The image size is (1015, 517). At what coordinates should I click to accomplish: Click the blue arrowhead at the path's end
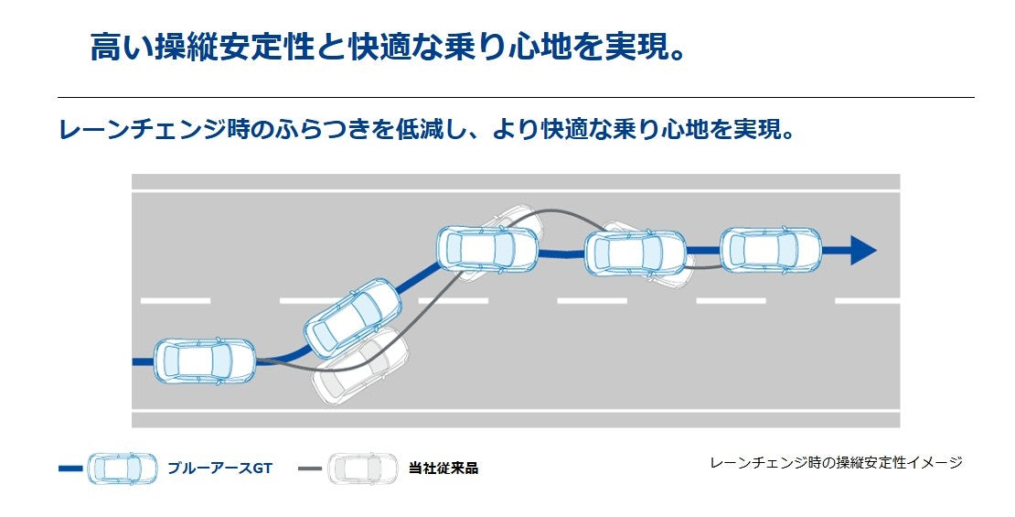tap(862, 250)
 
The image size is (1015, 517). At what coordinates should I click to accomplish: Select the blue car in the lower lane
tap(204, 361)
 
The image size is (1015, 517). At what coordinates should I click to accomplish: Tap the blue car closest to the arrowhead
tap(770, 250)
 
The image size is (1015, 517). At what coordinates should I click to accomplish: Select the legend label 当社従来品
tap(443, 469)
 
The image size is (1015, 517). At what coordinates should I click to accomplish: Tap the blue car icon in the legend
tap(123, 469)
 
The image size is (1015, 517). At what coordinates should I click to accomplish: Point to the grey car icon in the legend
tap(362, 469)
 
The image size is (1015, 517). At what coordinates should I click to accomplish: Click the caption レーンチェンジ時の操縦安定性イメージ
tap(836, 463)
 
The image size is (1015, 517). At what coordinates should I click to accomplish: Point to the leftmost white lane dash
tap(175, 300)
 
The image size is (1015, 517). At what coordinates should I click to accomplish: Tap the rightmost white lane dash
tap(866, 300)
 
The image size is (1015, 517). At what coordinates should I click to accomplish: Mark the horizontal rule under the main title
tap(516, 97)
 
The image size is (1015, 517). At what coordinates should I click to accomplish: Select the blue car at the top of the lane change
tap(487, 248)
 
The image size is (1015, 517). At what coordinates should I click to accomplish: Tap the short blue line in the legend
tap(70, 469)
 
